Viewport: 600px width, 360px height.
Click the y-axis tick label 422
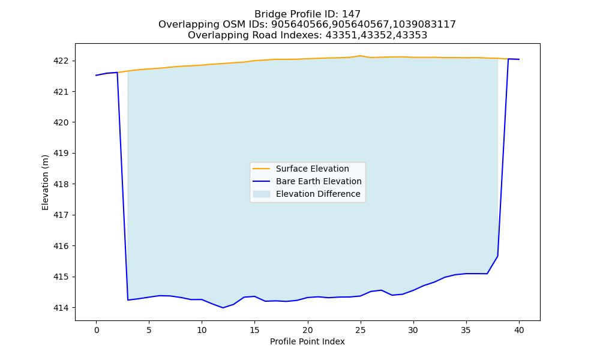coord(61,61)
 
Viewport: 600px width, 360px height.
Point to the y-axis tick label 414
coord(61,308)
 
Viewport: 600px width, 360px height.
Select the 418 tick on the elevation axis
coord(61,184)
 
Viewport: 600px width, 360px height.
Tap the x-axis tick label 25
coord(361,330)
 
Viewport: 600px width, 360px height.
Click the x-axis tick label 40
coord(519,330)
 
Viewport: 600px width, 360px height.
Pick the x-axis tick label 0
coord(97,330)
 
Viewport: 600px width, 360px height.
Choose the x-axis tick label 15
coord(255,330)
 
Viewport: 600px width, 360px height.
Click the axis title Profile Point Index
coord(307,341)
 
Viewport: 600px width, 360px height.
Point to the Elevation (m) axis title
coord(45,182)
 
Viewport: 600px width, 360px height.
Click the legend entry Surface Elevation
coord(312,169)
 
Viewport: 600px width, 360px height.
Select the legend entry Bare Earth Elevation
coord(319,181)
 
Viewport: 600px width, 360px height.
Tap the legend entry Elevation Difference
coord(318,194)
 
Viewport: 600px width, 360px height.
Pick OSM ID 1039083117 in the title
coord(424,25)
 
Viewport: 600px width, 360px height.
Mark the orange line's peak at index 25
coord(360,56)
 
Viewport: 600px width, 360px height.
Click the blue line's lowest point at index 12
coord(223,308)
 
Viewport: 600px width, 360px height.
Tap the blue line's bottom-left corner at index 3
coord(128,300)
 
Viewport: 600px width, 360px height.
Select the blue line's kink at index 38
coord(497,256)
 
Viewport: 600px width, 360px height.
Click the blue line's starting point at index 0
coord(97,76)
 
